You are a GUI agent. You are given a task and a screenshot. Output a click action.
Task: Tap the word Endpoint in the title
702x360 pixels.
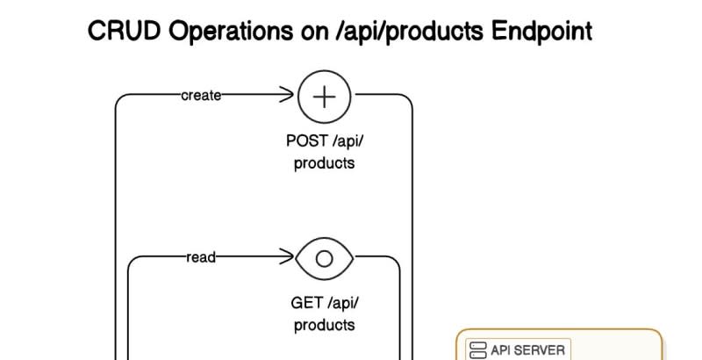541,32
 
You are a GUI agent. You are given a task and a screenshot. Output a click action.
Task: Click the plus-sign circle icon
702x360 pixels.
325,96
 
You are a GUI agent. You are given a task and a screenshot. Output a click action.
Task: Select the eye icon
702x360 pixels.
325,258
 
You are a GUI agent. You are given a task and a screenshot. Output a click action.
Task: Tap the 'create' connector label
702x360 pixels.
201,96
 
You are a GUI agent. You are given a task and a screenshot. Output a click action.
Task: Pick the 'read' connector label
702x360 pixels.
201,257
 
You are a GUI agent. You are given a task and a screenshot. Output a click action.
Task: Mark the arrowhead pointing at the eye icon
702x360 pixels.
287,257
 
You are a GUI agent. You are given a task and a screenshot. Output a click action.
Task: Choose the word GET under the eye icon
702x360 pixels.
307,304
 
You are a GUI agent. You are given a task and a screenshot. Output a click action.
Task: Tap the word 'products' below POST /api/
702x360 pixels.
325,162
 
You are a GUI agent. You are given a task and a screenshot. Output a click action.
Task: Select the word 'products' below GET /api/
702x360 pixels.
325,325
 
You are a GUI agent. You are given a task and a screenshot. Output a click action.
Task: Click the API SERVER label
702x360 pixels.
527,349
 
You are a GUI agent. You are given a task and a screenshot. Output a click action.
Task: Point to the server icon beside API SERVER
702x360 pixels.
478,350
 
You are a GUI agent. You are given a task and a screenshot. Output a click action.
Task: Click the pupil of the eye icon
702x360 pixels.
325,258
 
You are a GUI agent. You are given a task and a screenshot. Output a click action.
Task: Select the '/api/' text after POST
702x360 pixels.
345,140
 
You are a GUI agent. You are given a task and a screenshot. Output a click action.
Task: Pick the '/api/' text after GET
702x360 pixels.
343,304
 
